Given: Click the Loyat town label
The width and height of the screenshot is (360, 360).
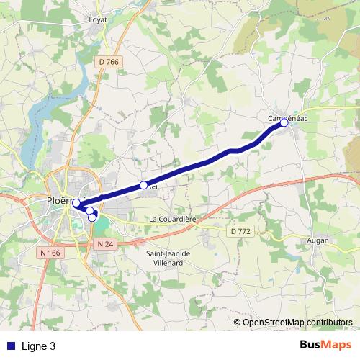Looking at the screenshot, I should (97, 19).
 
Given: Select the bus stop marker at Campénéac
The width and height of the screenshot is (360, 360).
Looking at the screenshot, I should (284, 123).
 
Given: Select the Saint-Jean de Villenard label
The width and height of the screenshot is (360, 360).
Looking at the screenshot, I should (168, 258).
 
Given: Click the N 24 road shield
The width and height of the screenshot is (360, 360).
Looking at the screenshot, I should (105, 244).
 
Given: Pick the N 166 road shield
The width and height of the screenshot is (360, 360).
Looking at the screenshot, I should (50, 252).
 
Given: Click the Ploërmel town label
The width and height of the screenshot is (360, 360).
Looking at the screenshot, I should (63, 200).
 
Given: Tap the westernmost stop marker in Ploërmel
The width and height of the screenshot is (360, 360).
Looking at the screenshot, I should (76, 203).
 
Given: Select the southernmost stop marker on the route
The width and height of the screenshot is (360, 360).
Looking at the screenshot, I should (92, 217).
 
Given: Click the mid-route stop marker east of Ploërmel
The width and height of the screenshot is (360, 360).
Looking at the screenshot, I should (143, 185).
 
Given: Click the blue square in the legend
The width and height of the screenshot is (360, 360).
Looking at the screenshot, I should (10, 346).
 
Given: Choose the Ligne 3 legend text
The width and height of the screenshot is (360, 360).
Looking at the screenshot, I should (38, 346).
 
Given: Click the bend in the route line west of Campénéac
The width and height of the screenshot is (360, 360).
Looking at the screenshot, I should (232, 151).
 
